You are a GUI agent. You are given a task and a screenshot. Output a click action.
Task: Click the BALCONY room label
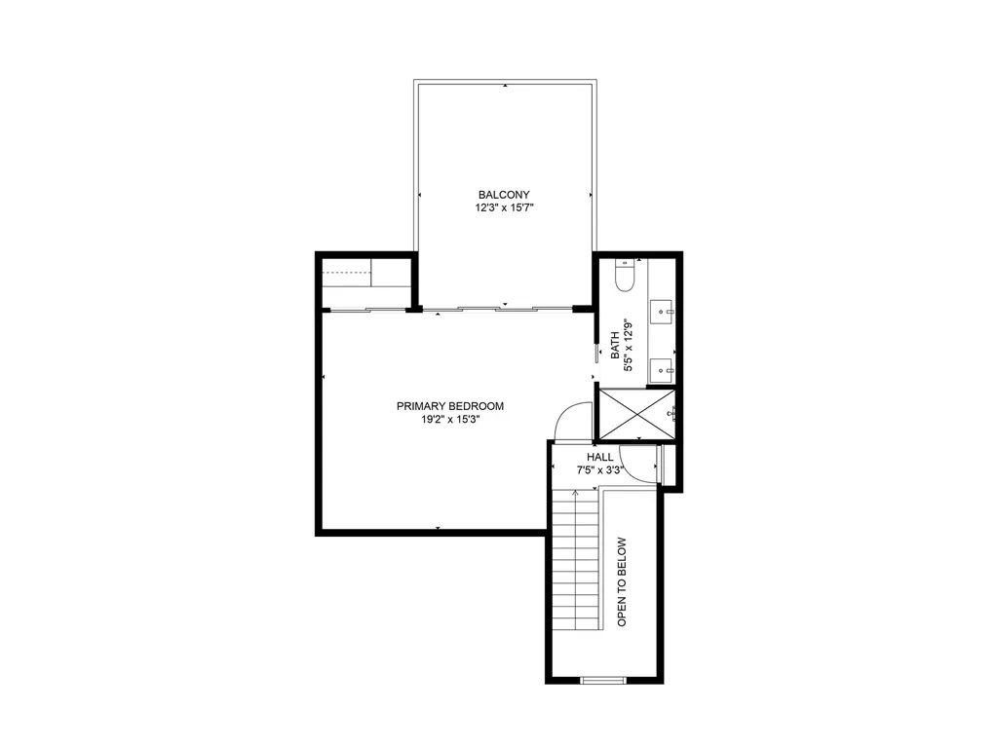click(504, 195)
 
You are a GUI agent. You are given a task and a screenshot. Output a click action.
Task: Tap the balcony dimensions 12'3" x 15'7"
click(504, 208)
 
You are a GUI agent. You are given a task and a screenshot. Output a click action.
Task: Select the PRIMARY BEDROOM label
click(449, 406)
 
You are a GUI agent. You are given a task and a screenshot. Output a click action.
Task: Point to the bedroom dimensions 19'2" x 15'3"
click(449, 421)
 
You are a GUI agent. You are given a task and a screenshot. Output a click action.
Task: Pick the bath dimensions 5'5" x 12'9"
click(629, 347)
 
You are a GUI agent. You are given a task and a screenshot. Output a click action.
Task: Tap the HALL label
click(599, 456)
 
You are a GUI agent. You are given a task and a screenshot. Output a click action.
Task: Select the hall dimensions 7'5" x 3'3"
click(599, 469)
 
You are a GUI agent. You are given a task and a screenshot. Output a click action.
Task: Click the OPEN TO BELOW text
click(622, 581)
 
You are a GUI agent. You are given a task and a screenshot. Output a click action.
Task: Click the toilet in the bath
click(625, 279)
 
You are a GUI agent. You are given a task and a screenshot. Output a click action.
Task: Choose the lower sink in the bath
click(663, 369)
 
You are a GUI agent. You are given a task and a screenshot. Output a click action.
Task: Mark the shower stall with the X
click(635, 414)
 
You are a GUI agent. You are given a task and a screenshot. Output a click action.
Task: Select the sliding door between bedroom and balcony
click(497, 310)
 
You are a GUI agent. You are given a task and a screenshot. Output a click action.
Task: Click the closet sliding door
click(365, 310)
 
